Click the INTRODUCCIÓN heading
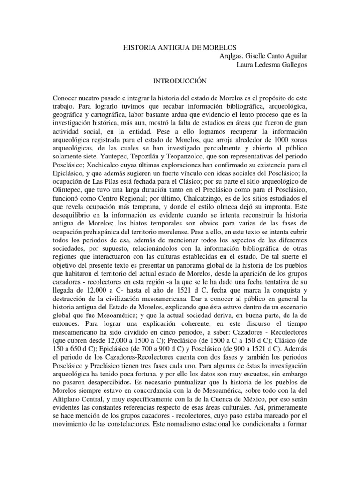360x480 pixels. point(180,82)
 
